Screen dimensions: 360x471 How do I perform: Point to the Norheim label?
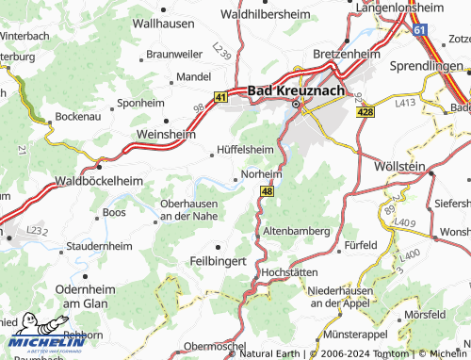coord(262,174)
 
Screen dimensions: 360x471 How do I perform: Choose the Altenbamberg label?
coord(296,230)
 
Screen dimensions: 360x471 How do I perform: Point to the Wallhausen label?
coord(163,21)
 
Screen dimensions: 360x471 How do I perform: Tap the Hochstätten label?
coord(290,270)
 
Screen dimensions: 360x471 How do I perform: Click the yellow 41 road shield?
coord(220,96)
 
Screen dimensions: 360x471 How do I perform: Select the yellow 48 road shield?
coord(267,192)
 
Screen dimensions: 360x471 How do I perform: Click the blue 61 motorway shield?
coord(418,30)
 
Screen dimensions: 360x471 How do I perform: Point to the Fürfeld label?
coord(361,244)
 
